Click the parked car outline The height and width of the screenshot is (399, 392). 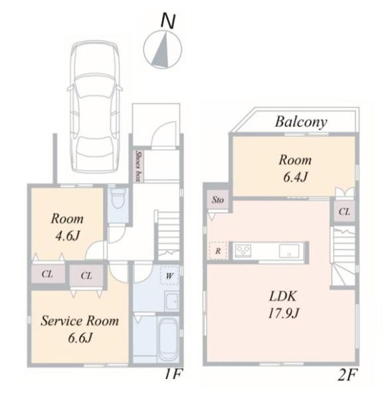pos(94,107)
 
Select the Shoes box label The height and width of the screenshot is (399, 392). pos(139,166)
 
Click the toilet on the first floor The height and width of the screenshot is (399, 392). pos(118,198)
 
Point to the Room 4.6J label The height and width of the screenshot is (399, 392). pos(67,227)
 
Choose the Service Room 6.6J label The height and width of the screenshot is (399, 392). pos(80,329)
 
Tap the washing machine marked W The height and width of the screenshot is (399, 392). pos(169,275)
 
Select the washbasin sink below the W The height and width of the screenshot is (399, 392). pos(172,301)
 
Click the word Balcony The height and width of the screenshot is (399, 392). pos(301,122)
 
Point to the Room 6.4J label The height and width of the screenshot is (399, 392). pos(295,168)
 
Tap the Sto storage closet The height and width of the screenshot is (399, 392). pos(218,199)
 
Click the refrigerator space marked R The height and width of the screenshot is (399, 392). pos(218,251)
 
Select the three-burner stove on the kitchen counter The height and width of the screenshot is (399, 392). pos(243,251)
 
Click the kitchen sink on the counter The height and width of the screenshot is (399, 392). pos(289,251)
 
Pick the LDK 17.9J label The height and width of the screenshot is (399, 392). pos(284,305)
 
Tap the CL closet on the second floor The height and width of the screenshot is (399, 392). pos(344,211)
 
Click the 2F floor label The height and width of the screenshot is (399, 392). pos(347,374)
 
